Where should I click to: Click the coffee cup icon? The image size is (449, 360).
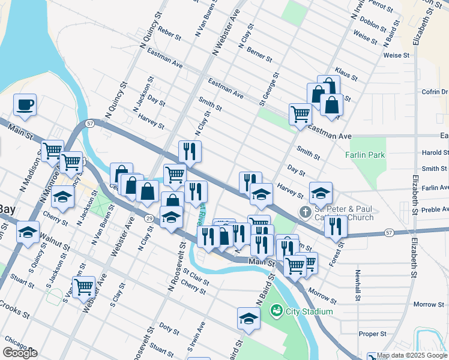coord(25,104)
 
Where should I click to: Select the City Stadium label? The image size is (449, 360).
coord(309,311)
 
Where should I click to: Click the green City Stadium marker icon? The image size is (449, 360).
coord(277,311)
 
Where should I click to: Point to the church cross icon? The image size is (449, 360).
coord(306,212)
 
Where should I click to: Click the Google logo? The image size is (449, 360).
coord(20,353)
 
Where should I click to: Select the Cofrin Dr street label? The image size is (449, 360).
coord(435,92)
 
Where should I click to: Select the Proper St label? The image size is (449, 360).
coord(372,334)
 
